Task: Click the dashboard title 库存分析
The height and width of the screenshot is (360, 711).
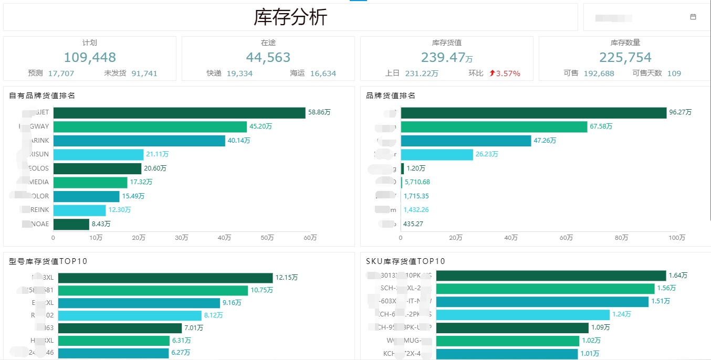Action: click(x=290, y=17)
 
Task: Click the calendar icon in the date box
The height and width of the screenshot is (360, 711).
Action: click(x=693, y=17)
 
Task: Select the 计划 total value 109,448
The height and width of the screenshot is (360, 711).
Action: click(x=90, y=57)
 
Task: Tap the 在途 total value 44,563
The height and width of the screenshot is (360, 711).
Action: click(x=268, y=57)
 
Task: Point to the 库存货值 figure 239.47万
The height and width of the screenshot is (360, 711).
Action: click(x=447, y=57)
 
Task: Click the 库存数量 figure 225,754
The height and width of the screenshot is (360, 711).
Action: click(x=625, y=57)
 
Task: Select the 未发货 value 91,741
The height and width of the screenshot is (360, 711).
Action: click(x=144, y=73)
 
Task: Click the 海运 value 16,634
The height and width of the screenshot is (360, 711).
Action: click(x=323, y=73)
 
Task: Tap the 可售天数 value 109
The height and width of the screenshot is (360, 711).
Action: click(x=674, y=73)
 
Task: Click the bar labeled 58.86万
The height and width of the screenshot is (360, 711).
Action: click(x=179, y=113)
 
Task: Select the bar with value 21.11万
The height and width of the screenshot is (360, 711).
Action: click(x=98, y=154)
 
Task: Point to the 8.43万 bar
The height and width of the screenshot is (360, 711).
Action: click(x=71, y=224)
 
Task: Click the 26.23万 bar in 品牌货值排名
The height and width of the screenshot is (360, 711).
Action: click(x=437, y=154)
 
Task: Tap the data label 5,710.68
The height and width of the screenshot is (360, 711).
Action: click(x=417, y=182)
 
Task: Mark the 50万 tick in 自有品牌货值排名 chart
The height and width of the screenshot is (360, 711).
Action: click(x=268, y=238)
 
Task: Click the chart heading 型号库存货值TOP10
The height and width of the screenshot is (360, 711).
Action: click(x=48, y=261)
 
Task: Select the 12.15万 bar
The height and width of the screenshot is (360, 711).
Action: click(x=165, y=278)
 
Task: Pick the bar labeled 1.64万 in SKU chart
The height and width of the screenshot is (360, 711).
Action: click(x=551, y=276)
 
